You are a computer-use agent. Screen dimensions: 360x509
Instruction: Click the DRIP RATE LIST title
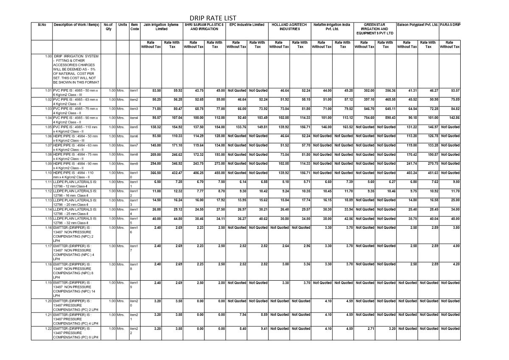pyautogui.click(x=213, y=18)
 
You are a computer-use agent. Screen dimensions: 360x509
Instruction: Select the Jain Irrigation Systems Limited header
pyautogui.click(x=161, y=27)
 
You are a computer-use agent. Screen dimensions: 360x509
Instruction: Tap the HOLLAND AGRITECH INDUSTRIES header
pyautogui.click(x=289, y=27)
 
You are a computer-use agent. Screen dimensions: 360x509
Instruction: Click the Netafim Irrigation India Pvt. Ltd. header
pyautogui.click(x=332, y=27)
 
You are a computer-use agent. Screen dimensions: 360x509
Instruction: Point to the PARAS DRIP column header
pyautogui.click(x=450, y=25)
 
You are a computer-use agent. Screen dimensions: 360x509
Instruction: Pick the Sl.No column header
pyautogui.click(x=42, y=25)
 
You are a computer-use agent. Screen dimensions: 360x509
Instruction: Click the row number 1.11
pyautogui.click(x=48, y=182)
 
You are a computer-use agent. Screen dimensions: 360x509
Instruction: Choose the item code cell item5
pyautogui.click(x=134, y=127)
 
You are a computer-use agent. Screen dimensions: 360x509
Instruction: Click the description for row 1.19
pyautogui.click(x=73, y=289)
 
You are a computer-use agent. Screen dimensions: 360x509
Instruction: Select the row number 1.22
pyautogui.click(x=48, y=329)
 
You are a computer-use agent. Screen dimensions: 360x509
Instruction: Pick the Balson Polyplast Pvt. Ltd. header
pyautogui.click(x=417, y=25)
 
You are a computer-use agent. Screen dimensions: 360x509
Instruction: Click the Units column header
pyautogui.click(x=123, y=25)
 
